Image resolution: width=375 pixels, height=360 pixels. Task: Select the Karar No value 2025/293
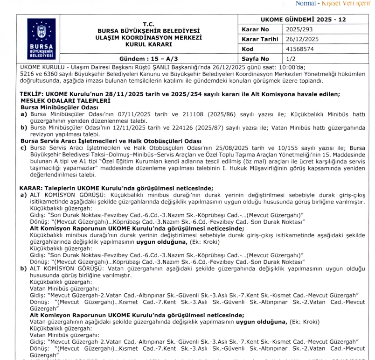297,29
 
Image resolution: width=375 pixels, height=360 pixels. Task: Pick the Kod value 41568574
300,49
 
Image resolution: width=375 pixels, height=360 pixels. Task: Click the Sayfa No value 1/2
291,59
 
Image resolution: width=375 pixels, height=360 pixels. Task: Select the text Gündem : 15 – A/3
145,59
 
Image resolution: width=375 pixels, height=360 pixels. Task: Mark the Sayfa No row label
256,59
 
